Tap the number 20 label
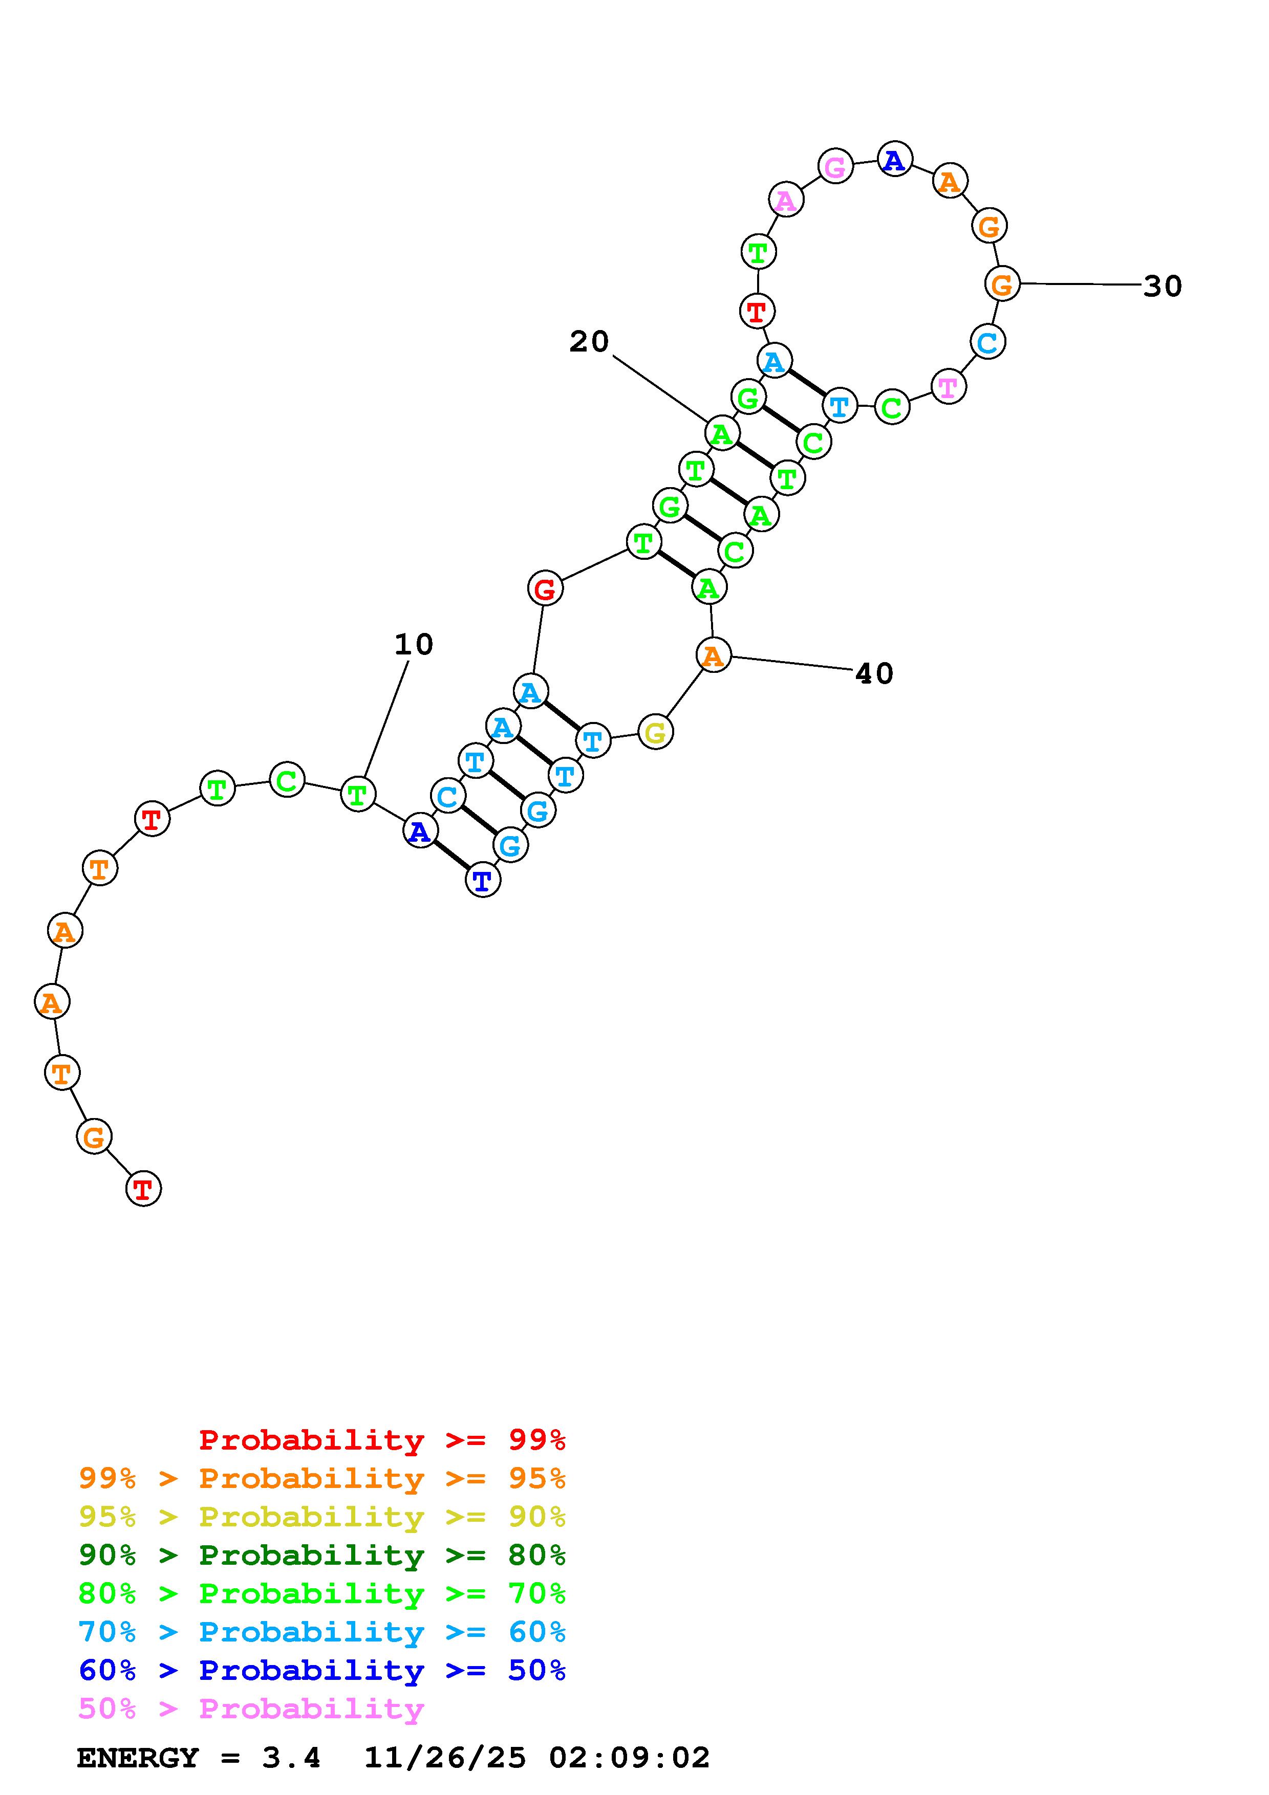click(589, 342)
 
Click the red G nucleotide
click(545, 588)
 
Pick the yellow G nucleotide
click(655, 733)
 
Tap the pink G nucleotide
click(835, 166)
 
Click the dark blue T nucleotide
click(483, 881)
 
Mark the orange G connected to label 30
click(1002, 284)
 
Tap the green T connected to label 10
click(357, 795)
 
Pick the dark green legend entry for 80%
click(322, 1555)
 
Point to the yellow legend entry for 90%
click(322, 1517)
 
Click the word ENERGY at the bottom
click(138, 1758)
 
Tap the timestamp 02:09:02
click(630, 1758)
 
